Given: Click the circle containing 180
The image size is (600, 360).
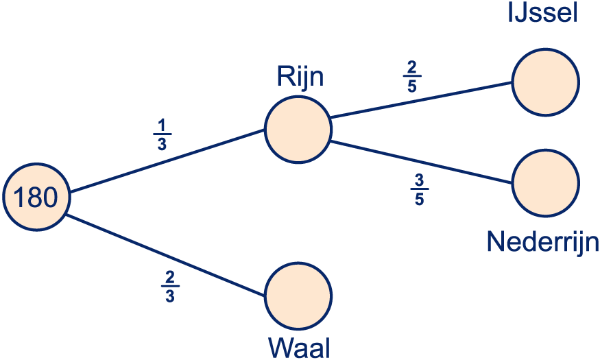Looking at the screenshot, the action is coord(36,197).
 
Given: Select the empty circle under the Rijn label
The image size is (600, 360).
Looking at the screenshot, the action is coord(298,130).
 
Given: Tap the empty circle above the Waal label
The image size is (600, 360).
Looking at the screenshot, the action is coord(298,296).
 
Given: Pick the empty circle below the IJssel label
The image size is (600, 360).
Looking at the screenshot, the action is coord(546,82).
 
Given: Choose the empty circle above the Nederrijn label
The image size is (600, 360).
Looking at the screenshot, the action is coord(546,183).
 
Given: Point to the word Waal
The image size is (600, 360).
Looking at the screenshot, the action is coord(299,348).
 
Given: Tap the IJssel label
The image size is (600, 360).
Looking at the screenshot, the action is coord(542,12).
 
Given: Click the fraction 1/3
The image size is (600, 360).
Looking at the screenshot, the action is coord(162,134).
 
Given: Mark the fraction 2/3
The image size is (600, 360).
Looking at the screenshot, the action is coord(170,287).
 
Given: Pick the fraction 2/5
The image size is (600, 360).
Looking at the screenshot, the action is coord(411,77).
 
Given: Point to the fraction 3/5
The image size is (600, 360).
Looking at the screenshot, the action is coord(420,189).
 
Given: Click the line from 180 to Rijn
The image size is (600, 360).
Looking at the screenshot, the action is coord(167,160).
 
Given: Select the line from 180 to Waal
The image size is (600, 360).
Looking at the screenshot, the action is coord(166,255).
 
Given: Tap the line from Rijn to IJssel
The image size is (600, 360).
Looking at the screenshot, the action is coord(421,99).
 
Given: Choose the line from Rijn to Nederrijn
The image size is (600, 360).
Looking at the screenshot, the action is coord(421,163).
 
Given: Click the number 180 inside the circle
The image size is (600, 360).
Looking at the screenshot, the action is coord(36,197).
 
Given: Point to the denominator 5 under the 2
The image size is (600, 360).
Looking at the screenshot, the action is coord(411,86).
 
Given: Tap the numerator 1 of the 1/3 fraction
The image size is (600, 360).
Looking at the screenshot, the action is coord(162,125).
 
